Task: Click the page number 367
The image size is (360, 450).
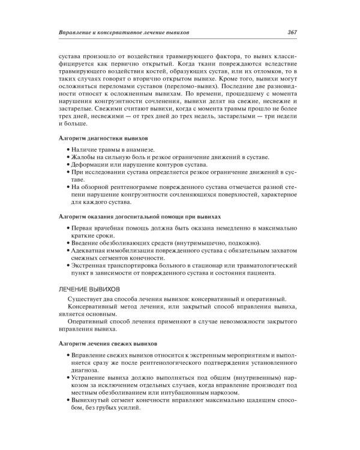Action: tap(293, 32)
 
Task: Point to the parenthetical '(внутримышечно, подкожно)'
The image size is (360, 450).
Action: tap(205, 242)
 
